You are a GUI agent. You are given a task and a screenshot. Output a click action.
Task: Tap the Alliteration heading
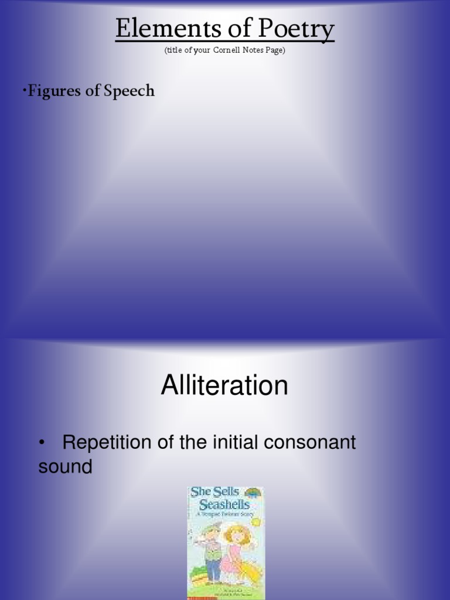pyautogui.click(x=224, y=386)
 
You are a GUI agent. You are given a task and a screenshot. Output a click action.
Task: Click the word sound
pyautogui.click(x=65, y=467)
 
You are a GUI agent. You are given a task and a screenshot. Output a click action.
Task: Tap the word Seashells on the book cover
pyautogui.click(x=224, y=504)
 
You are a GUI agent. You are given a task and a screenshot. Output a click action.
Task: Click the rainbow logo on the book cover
pyautogui.click(x=253, y=493)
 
